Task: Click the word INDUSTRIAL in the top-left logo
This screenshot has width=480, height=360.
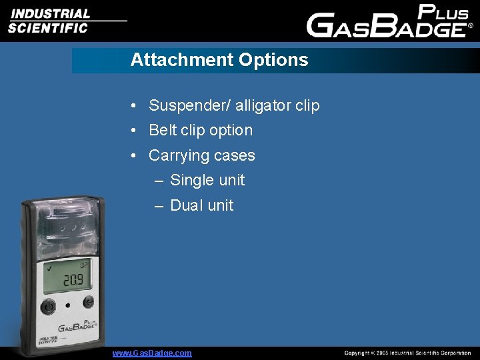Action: pyautogui.click(x=49, y=13)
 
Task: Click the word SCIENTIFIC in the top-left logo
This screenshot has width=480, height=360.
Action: pyautogui.click(x=47, y=28)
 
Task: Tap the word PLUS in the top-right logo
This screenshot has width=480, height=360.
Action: pyautogui.click(x=443, y=13)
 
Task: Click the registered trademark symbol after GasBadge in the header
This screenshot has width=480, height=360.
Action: pyautogui.click(x=471, y=27)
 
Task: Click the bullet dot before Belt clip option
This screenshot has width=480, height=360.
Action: pyautogui.click(x=135, y=131)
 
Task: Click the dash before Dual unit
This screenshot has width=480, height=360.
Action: pyautogui.click(x=159, y=205)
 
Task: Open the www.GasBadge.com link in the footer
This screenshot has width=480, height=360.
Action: pyautogui.click(x=152, y=353)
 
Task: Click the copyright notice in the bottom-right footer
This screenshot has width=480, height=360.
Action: pyautogui.click(x=407, y=353)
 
